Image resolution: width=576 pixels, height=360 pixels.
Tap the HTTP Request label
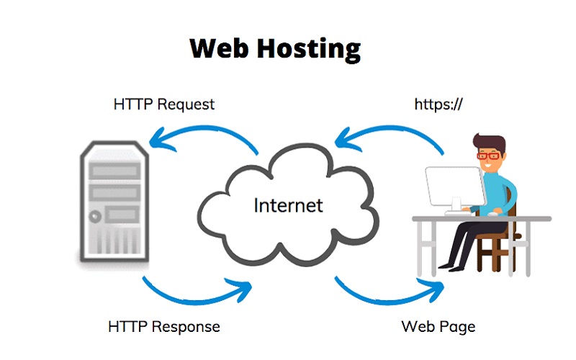pos(164,104)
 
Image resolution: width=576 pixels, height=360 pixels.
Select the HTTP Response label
pos(164,326)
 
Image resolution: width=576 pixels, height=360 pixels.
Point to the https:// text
pos(438,104)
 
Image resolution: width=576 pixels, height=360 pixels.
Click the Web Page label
pos(438,326)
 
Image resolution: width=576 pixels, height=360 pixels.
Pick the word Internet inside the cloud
pos(288,205)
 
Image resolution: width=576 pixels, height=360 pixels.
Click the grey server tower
pos(114,202)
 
